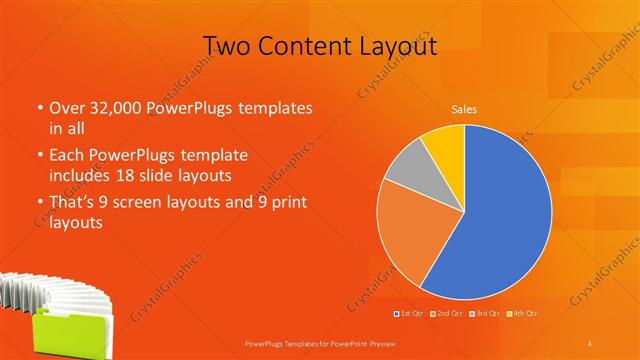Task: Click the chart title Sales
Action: tap(464, 109)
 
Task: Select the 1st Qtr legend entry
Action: tap(409, 313)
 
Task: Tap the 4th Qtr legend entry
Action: tap(522, 313)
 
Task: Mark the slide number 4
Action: tap(590, 343)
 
